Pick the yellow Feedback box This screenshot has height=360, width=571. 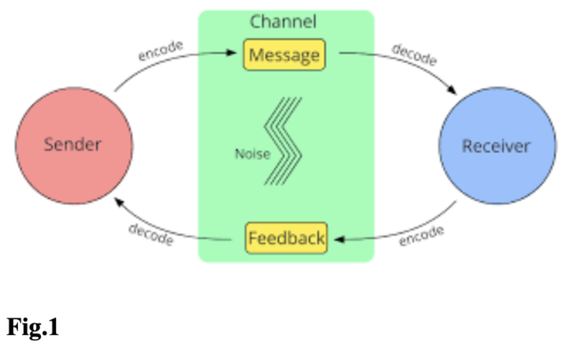coord(285,236)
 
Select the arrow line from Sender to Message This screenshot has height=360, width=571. coord(162,64)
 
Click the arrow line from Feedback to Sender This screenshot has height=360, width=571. coord(162,227)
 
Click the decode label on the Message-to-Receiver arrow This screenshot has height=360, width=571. coord(413,54)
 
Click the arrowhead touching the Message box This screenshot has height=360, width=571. coord(237,54)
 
